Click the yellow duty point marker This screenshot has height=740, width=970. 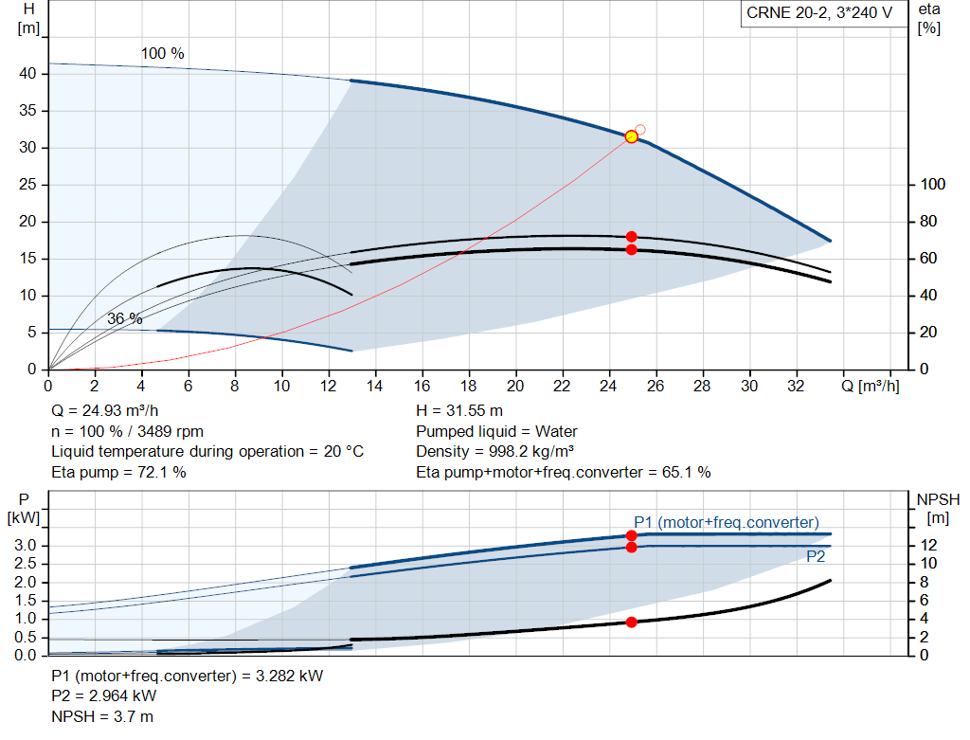click(x=631, y=136)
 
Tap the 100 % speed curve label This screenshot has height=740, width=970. click(x=163, y=54)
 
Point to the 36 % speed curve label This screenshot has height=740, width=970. click(x=125, y=318)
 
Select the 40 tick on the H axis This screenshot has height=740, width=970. click(x=27, y=74)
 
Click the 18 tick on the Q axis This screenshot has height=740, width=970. click(x=468, y=386)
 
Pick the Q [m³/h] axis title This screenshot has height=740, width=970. click(x=871, y=386)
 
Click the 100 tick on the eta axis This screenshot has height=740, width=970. click(x=932, y=185)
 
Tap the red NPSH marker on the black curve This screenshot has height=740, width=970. click(x=631, y=622)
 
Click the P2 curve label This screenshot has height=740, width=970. click(x=816, y=557)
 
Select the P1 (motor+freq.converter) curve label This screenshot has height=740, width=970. click(x=727, y=523)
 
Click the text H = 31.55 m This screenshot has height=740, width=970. click(x=459, y=411)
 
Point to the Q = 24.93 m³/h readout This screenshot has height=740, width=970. click(x=104, y=411)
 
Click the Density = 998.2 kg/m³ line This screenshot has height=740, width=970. click(x=494, y=452)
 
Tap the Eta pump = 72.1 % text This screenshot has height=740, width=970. click(x=118, y=473)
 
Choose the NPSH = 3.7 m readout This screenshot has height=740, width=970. click(x=102, y=717)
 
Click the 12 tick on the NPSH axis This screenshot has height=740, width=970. click(x=928, y=545)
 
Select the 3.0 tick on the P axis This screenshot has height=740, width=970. click(x=26, y=546)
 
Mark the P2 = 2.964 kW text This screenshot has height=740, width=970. click(x=104, y=696)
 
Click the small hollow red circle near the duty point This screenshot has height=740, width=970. click(x=640, y=130)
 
